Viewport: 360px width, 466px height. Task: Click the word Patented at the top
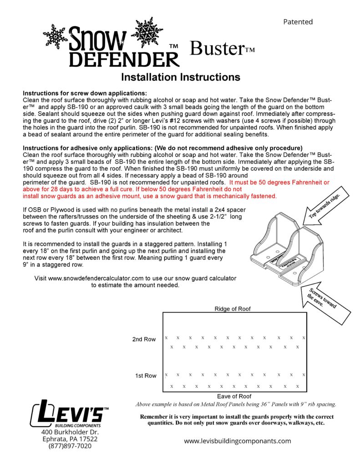(x=298, y=21)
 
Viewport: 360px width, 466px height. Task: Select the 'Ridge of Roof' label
(x=232, y=309)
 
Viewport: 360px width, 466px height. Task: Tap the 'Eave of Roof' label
(x=234, y=396)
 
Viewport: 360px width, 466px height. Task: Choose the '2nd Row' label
(x=144, y=339)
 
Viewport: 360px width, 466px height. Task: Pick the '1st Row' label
(x=145, y=375)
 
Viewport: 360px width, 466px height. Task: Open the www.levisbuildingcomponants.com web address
(x=237, y=441)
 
